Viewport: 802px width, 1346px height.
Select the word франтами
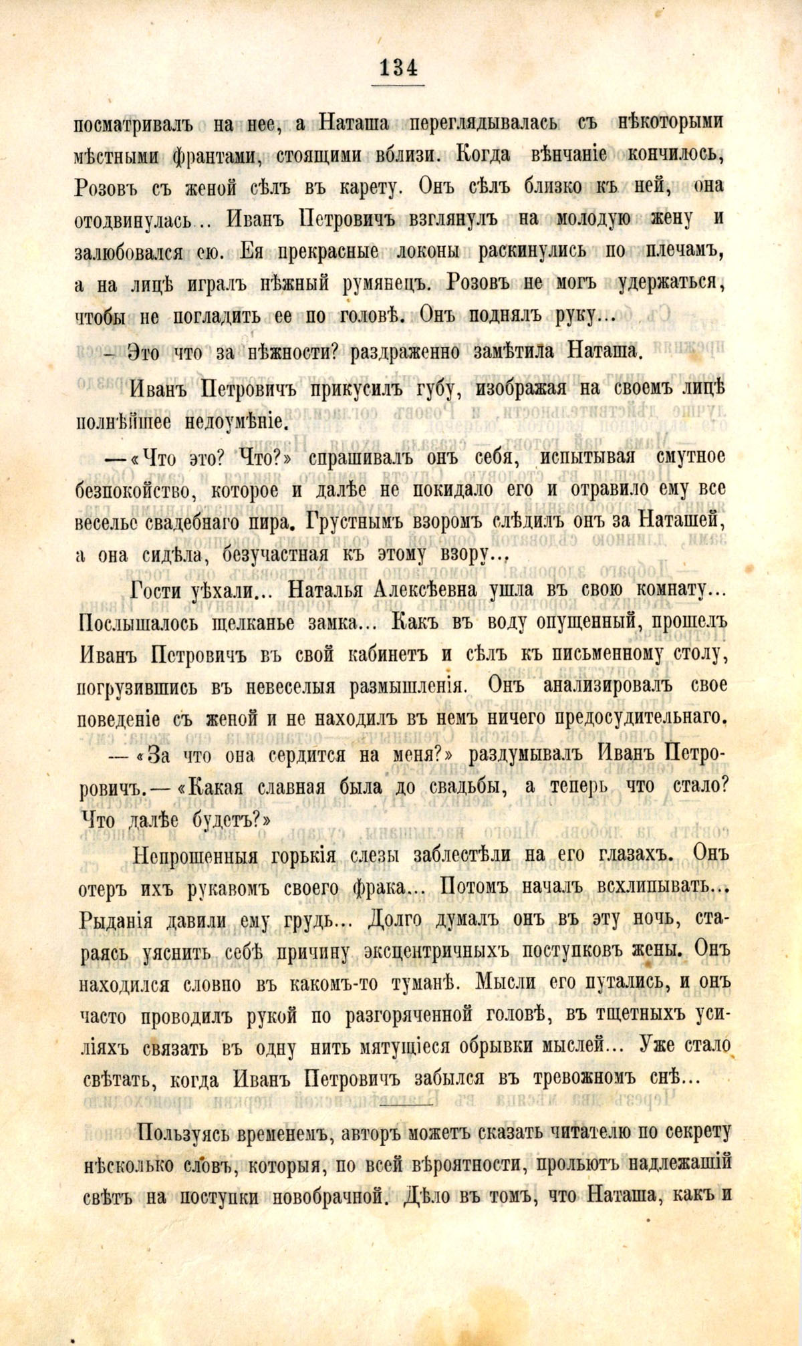point(213,156)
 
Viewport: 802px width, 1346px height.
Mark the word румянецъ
point(390,284)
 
